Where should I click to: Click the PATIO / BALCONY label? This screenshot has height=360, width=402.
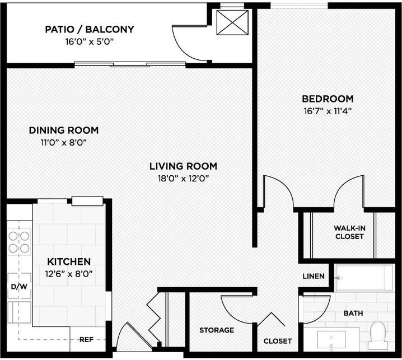90,29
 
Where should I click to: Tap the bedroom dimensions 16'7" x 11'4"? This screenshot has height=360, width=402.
328,110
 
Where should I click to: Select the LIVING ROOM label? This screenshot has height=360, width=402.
183,166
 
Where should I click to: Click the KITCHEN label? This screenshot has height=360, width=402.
69,261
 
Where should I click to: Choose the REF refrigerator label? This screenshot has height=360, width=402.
86,339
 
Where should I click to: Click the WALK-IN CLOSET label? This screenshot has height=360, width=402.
349,232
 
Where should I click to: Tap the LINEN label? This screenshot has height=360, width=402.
314,277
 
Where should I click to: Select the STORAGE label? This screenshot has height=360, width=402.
217,330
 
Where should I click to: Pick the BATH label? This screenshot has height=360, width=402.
353,314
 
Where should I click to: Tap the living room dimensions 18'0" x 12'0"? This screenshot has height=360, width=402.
183,179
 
